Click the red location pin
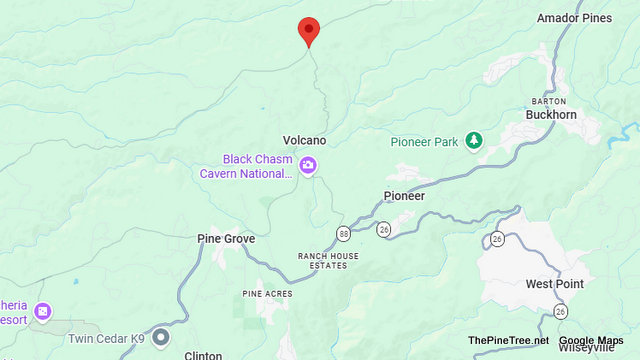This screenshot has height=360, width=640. point(309,31)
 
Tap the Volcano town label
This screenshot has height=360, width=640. point(305,140)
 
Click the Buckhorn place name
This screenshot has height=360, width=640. point(551,115)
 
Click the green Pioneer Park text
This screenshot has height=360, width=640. point(424,142)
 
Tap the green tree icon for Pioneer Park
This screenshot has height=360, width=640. point(475,141)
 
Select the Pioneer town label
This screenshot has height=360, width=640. point(405,196)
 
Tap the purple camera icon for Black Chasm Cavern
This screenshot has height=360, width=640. point(308,166)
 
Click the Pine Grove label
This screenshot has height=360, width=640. point(226,239)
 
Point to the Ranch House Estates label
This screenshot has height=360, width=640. point(328,260)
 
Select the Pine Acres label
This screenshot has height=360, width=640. point(265,294)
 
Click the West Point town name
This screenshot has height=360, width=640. point(554,284)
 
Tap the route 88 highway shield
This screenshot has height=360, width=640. point(344,233)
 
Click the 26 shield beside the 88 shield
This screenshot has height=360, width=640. point(384,230)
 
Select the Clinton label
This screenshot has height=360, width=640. point(203,355)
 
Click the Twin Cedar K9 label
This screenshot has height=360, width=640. point(102,338)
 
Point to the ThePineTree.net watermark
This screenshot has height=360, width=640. point(508,340)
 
